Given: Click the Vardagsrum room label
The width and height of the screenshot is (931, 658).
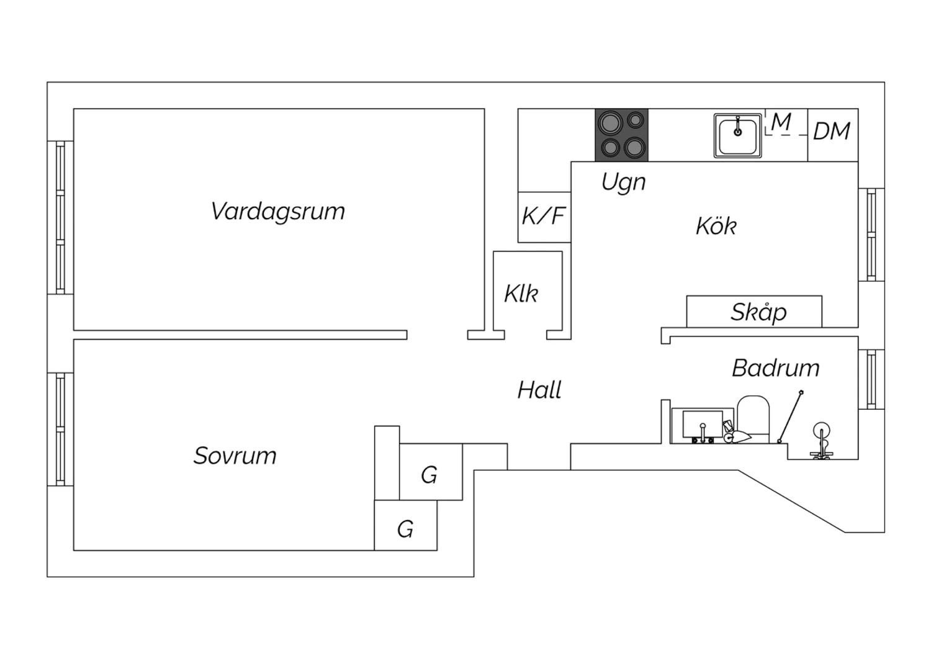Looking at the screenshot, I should tap(277, 212).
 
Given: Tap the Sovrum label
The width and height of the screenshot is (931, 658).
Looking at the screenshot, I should tap(235, 456).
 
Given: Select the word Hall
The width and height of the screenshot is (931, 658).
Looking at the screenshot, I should tap(539, 390).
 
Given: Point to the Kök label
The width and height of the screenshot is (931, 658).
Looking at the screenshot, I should tap(716, 227).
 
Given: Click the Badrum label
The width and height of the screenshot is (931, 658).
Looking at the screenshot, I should tap(775, 369).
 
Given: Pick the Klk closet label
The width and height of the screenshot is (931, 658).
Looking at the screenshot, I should tap(521, 294).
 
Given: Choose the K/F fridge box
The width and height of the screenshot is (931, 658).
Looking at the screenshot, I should tap(544, 217).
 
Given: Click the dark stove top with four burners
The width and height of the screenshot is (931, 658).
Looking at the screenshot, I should tap(621, 135).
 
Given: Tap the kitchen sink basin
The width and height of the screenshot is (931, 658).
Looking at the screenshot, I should tap(737, 136).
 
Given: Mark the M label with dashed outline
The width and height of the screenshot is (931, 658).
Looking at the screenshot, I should tap(781, 122).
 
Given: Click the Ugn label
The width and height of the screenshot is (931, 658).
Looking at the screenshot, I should tap(623, 183).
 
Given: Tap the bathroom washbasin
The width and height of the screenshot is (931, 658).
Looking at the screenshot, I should tap(703, 425).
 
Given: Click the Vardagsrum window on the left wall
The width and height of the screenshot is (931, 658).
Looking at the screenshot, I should tap(60, 217).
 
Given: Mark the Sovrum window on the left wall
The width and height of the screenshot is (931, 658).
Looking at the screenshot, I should tap(60, 429).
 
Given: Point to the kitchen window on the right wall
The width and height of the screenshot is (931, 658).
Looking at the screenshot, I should tap(871, 235).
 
